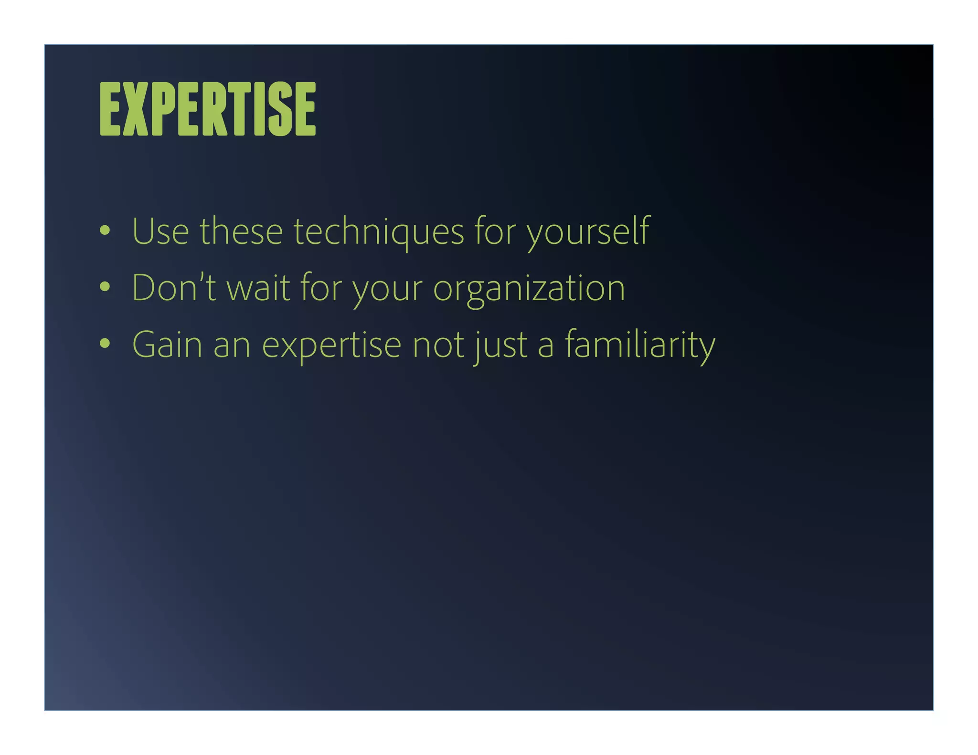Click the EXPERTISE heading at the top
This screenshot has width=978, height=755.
point(208,109)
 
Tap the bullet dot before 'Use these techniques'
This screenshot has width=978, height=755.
point(105,231)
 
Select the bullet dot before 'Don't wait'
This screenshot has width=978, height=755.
point(105,287)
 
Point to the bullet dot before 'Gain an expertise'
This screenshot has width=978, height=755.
point(105,344)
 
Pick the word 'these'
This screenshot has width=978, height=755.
point(241,232)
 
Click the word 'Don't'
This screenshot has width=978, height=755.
point(174,288)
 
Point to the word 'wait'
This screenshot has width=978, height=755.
point(258,288)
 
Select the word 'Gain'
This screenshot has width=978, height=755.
point(167,345)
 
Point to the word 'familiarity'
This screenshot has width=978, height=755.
point(640,345)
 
